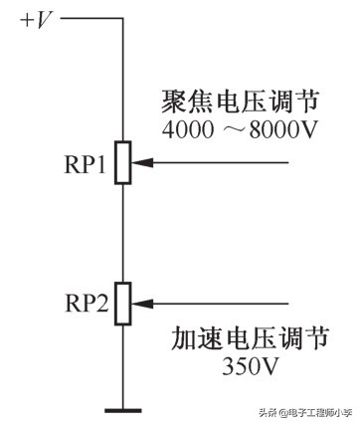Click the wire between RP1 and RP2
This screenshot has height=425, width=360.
click(x=123, y=234)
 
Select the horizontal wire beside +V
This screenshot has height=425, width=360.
click(x=91, y=19)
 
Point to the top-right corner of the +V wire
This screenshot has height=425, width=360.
click(x=123, y=19)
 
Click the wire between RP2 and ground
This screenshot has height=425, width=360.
click(x=123, y=368)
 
